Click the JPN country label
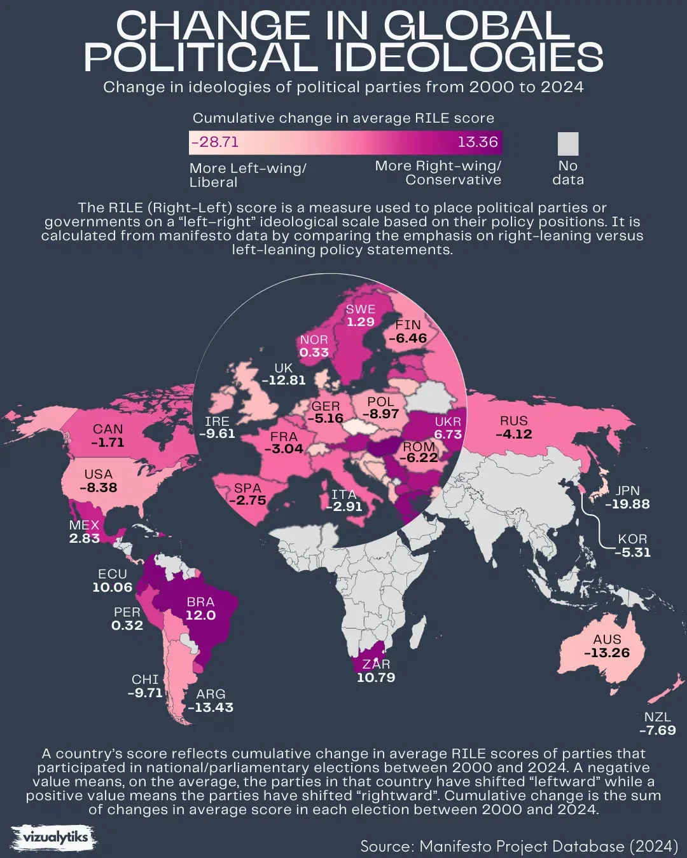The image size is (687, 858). (627, 491)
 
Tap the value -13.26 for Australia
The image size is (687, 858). (606, 653)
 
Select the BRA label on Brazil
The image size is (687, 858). (200, 602)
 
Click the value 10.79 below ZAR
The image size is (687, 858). (376, 678)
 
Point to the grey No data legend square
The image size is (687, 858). (568, 144)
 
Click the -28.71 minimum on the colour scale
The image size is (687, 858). (215, 142)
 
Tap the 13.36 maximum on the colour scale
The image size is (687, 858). (477, 142)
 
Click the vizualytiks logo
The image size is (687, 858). (55, 838)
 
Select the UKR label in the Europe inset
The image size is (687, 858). (448, 421)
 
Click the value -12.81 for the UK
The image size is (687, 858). (284, 381)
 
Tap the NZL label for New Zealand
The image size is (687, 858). (657, 717)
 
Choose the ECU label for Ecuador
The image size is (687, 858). (113, 574)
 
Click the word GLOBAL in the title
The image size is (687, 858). (476, 27)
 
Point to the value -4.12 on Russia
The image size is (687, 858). (513, 435)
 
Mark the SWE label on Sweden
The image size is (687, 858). (360, 309)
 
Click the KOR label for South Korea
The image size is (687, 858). (632, 539)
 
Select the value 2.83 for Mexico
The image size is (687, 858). (85, 538)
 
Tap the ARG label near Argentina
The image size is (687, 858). (211, 694)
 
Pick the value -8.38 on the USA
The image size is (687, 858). (99, 488)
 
